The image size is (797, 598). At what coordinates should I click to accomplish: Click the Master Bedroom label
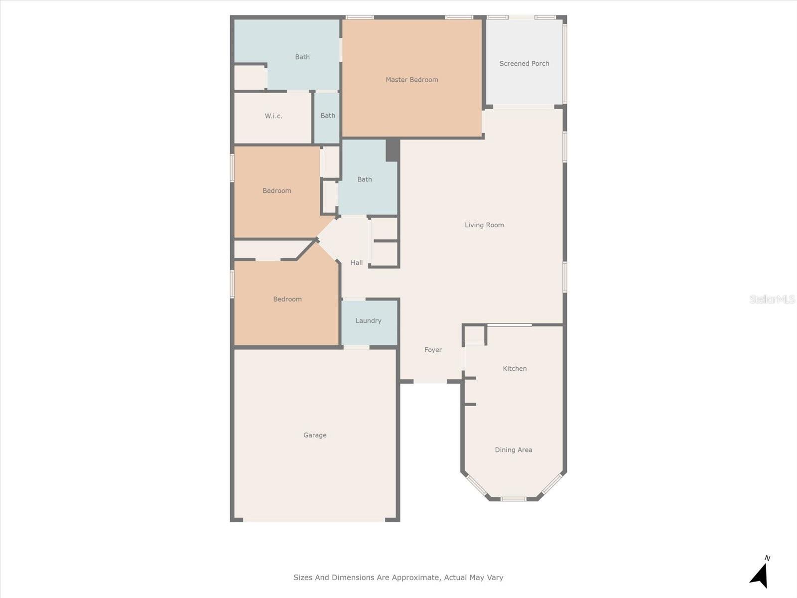[411, 80]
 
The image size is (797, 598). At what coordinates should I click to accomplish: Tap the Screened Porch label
[524, 64]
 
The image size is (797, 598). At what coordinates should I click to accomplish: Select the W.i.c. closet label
[273, 116]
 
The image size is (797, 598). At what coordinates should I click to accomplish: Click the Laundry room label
[368, 321]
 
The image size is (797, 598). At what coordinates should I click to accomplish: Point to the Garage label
[315, 435]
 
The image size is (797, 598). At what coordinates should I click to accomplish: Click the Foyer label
[433, 350]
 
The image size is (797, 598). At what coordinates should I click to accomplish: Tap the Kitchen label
[515, 369]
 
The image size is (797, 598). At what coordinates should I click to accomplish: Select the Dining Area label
[513, 450]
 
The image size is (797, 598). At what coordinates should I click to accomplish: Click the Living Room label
[484, 225]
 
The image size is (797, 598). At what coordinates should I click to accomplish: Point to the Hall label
[357, 263]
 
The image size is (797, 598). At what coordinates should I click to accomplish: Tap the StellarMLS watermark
[772, 299]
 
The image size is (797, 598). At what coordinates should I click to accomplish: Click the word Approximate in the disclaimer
[415, 578]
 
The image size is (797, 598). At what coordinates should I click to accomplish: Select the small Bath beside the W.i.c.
[328, 116]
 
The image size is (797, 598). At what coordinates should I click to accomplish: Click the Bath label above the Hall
[364, 179]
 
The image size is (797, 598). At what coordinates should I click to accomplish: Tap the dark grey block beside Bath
[393, 150]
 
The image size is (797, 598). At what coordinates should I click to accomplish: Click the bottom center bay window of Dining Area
[513, 499]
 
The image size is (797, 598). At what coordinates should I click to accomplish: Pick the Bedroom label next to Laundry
[287, 299]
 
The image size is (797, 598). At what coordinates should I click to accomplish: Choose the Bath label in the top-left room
[302, 57]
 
